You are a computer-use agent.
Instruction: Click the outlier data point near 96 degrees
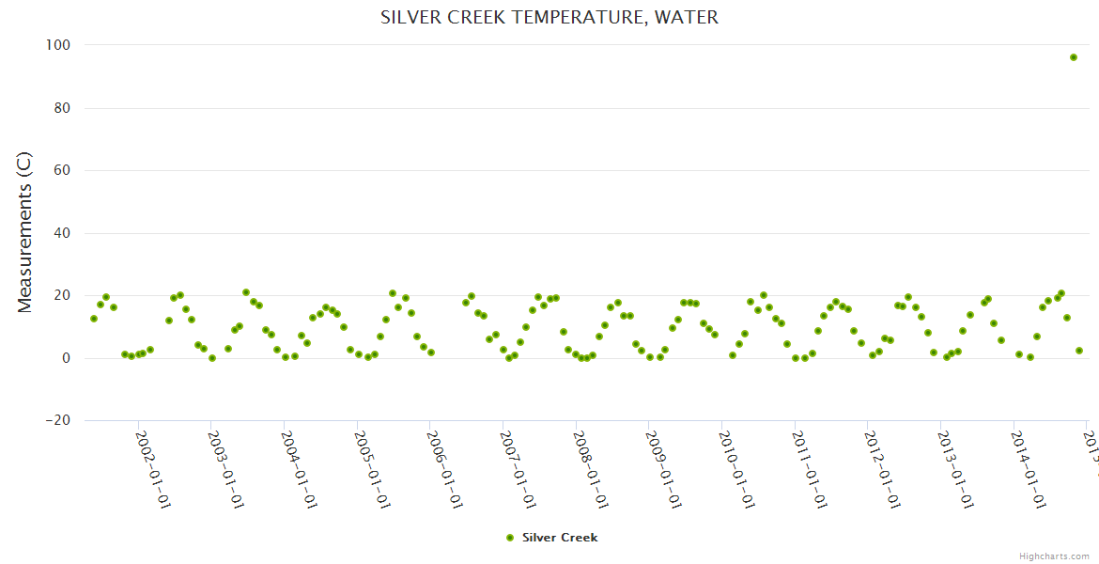coord(1074,57)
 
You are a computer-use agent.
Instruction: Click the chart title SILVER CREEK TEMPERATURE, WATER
coord(549,18)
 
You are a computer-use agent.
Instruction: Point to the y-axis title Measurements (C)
coord(25,232)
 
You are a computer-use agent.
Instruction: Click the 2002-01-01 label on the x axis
coord(153,470)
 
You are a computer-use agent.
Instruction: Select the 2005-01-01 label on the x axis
coord(372,470)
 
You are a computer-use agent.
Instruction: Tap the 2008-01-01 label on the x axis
coord(591,470)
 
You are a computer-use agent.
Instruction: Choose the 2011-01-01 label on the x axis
coord(810,470)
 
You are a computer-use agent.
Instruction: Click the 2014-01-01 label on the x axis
coord(1029,470)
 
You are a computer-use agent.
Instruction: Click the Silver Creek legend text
coord(560,538)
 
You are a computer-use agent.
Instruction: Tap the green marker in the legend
coord(510,538)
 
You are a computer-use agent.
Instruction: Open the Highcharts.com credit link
coord(1054,556)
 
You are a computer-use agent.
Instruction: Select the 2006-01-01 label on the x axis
coord(445,470)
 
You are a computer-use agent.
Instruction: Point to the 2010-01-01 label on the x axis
coord(737,470)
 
